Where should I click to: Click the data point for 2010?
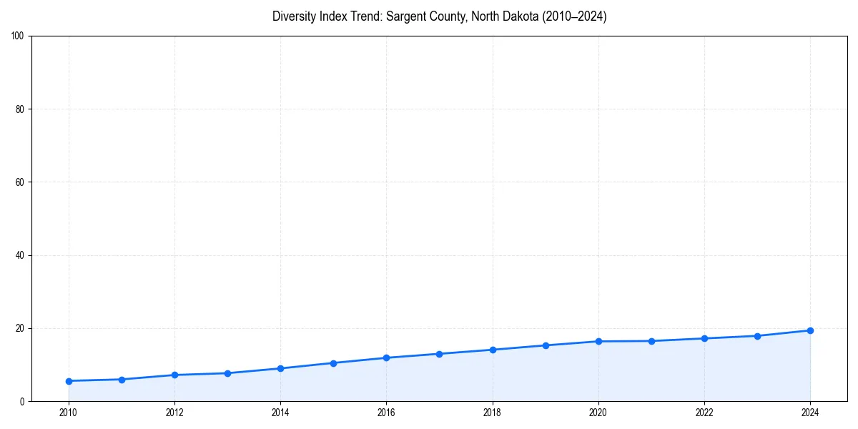point(69,381)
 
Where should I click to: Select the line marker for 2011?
point(122,380)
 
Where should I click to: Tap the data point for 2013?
point(227,373)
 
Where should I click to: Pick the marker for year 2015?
point(333,363)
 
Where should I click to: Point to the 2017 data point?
point(439,354)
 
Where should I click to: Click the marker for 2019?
point(546,345)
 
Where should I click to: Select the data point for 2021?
point(651,341)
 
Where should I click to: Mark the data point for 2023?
point(757,336)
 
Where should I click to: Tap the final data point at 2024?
point(810,330)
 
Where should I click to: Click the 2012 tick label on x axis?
point(174,413)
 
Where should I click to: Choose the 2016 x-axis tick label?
point(386,413)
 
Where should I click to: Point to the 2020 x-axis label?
point(598,413)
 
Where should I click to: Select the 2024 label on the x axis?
point(810,413)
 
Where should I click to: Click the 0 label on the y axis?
point(23,401)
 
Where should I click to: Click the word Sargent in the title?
point(405,16)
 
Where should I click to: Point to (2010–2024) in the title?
point(572,16)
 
